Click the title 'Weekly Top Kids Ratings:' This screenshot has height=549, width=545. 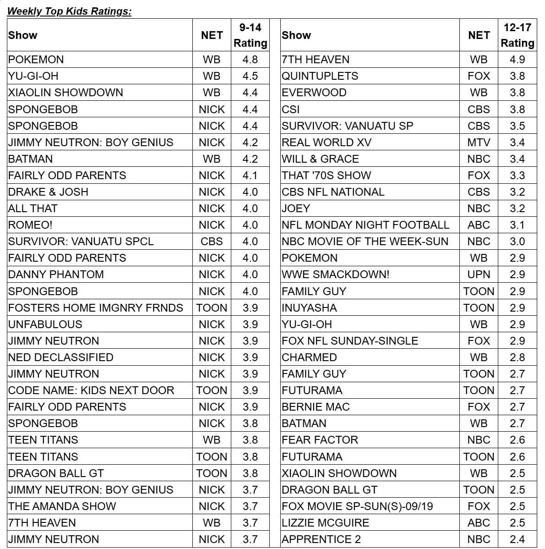click(70, 11)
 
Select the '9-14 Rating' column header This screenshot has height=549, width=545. click(250, 35)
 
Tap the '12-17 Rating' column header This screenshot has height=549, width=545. click(517, 35)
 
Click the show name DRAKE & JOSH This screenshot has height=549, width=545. click(48, 192)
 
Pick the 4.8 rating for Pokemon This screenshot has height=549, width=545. click(250, 60)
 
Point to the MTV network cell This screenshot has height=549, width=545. click(479, 143)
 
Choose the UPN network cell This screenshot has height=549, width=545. click(479, 274)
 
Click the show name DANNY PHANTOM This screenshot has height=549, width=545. click(56, 274)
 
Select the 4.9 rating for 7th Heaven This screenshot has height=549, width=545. click(517, 60)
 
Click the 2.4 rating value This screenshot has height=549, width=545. click(517, 539)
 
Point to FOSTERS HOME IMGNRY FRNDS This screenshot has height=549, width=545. click(96, 308)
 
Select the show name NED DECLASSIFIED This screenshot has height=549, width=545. click(60, 357)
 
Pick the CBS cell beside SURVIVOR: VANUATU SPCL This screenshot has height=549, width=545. click(212, 242)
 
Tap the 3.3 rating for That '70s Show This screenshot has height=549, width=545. click(517, 176)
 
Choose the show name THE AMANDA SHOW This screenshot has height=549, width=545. click(62, 506)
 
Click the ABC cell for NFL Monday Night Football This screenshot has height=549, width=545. click(479, 225)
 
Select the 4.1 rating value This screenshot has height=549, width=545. click(250, 176)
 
